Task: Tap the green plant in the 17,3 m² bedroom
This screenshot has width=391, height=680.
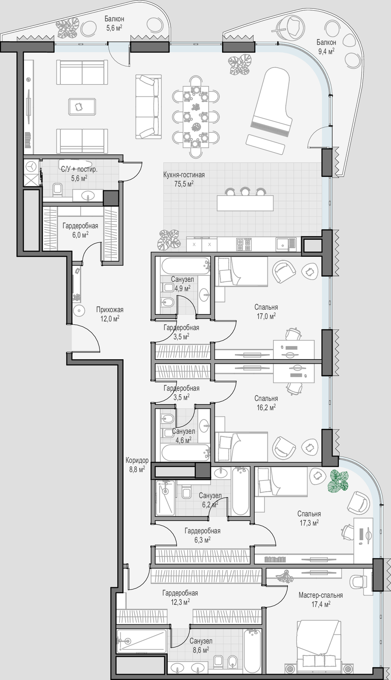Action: (x=338, y=481)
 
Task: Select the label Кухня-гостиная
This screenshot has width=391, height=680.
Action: (x=184, y=175)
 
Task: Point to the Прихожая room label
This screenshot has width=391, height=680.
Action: (x=110, y=310)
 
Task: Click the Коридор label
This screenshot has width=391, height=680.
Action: (x=137, y=461)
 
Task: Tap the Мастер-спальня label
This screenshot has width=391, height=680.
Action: (x=321, y=595)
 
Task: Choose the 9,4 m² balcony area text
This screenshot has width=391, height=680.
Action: (x=326, y=51)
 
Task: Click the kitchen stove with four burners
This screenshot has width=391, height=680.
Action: (x=244, y=244)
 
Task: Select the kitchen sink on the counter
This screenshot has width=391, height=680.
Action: (x=286, y=244)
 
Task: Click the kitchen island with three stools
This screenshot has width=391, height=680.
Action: (x=245, y=200)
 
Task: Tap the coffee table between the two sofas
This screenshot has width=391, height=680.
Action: (x=82, y=106)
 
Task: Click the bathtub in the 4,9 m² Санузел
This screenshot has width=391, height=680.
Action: (x=186, y=266)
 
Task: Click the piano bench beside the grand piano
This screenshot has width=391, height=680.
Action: (x=265, y=144)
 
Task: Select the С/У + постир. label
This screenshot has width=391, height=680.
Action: (x=79, y=170)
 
